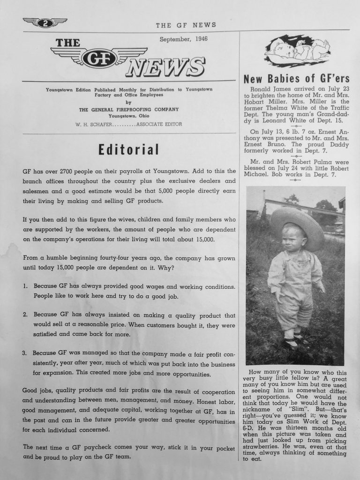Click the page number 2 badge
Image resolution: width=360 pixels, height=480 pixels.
[45, 22]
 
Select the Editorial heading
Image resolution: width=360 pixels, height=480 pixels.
[128, 150]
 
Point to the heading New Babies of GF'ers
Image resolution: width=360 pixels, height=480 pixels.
[296, 78]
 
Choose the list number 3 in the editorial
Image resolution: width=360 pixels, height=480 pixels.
[25, 352]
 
